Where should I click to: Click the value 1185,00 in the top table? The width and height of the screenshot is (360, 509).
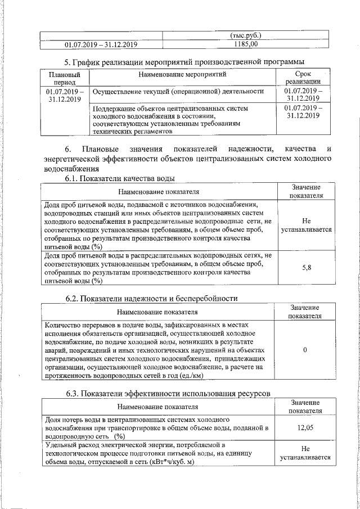click(x=246, y=44)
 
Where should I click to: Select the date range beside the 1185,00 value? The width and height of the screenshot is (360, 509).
click(x=101, y=44)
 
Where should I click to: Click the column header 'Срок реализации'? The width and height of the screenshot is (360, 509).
click(x=302, y=78)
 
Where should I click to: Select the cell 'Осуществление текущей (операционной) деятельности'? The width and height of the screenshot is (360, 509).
click(x=178, y=91)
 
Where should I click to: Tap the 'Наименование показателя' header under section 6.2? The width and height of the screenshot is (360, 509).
click(x=157, y=311)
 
